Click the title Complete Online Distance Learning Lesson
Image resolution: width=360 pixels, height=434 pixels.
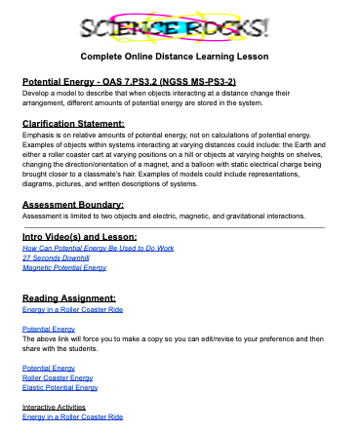[181, 57]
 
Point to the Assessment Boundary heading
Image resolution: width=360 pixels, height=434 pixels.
[73, 204]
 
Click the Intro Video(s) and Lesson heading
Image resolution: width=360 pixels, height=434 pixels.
[79, 237]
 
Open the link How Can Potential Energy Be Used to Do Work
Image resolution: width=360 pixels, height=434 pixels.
[84, 249]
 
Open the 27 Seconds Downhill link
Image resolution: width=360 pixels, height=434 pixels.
[49, 257]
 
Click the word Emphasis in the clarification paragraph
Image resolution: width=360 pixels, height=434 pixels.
[40, 136]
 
